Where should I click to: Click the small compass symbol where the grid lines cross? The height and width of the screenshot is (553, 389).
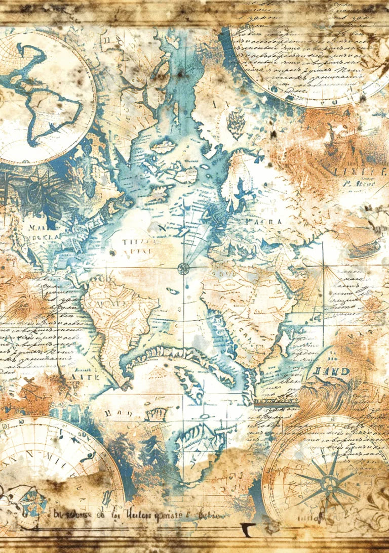click(183, 268)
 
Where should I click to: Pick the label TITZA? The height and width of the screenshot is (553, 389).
click(134, 243)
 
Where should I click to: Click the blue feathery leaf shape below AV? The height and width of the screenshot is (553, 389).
click(236, 123)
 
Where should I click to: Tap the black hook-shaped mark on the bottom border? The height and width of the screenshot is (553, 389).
click(248, 528)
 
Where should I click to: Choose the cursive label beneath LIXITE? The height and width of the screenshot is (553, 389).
click(361, 185)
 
